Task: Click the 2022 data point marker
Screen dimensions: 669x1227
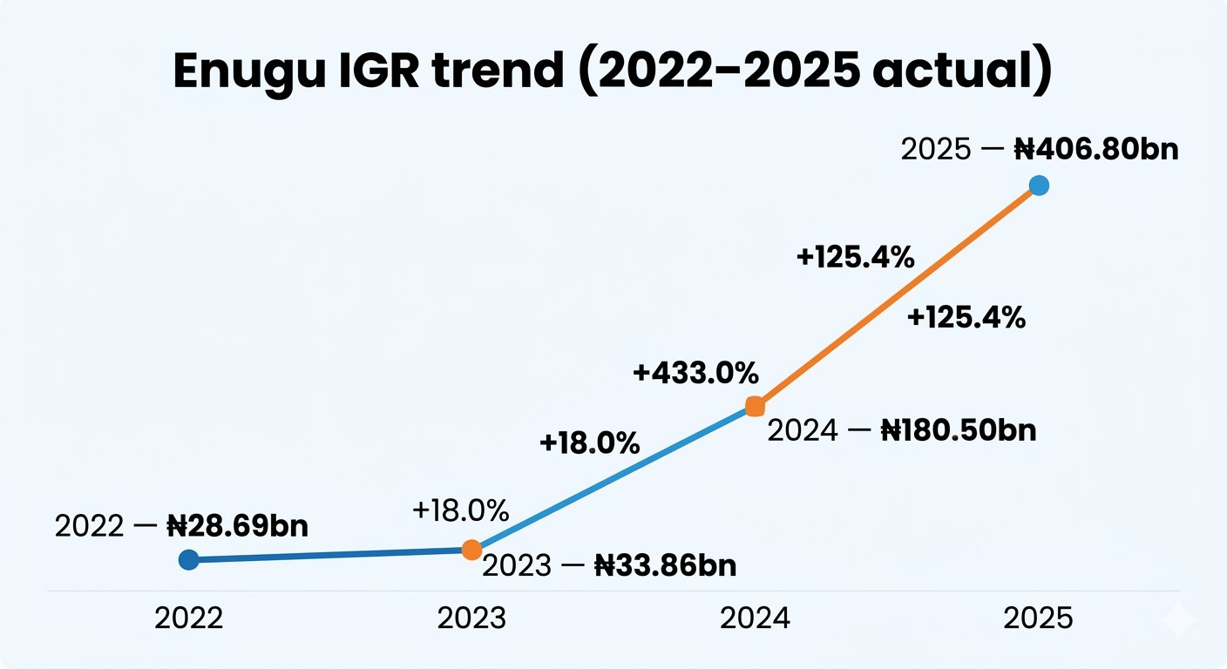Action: coord(188,559)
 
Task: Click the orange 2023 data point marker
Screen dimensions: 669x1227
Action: coord(471,549)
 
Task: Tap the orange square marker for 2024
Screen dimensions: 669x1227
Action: coord(756,407)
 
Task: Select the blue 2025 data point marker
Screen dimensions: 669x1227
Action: coord(1038,185)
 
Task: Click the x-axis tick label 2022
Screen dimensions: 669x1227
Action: coord(188,619)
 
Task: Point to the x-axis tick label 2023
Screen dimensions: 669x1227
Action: coord(471,619)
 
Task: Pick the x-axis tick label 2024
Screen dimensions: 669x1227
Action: coord(756,619)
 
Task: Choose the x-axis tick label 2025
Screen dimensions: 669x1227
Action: coord(1038,619)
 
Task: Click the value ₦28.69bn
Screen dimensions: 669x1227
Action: coord(237,527)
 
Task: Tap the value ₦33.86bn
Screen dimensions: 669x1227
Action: coord(665,566)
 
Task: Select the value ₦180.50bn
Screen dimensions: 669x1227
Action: coord(959,430)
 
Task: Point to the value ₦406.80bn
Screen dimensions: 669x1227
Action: coord(1096,149)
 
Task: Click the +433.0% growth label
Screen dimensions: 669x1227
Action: coord(695,374)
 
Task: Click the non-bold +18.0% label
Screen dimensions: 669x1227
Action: coord(460,510)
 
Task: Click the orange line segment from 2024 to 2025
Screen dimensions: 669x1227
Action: coord(898,295)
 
